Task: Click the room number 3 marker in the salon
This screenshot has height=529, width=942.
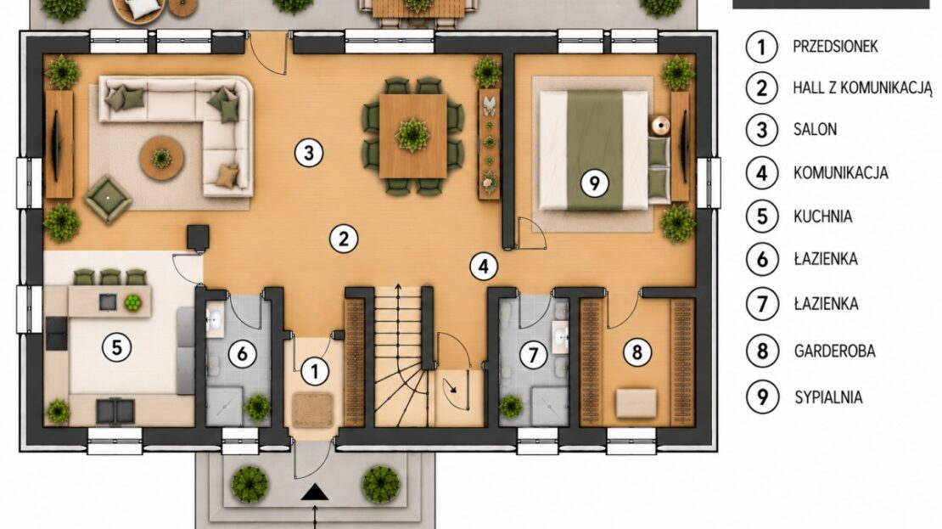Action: coord(309,153)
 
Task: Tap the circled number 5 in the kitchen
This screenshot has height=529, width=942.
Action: coord(116,346)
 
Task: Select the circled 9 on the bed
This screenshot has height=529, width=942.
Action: coord(594,183)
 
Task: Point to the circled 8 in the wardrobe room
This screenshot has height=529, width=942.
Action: coord(637,352)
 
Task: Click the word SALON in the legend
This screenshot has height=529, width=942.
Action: coord(815,129)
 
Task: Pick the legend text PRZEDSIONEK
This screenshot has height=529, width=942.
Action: coord(835,47)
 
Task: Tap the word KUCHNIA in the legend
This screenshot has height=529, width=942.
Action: coord(822,217)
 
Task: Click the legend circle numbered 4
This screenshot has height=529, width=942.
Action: coord(762,173)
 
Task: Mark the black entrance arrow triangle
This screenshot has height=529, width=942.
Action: coord(315,493)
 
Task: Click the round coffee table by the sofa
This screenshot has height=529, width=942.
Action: coord(161,158)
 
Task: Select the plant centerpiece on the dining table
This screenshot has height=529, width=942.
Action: coord(412,135)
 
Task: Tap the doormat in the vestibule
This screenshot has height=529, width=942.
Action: coord(313,411)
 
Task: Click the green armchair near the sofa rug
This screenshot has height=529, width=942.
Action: coord(108,199)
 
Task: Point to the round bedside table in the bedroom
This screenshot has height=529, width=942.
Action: coord(661,126)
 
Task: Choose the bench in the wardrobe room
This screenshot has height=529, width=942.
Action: coord(636,402)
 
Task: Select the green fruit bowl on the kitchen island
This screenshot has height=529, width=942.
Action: coord(132,302)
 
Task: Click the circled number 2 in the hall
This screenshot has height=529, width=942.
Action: coord(344,239)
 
